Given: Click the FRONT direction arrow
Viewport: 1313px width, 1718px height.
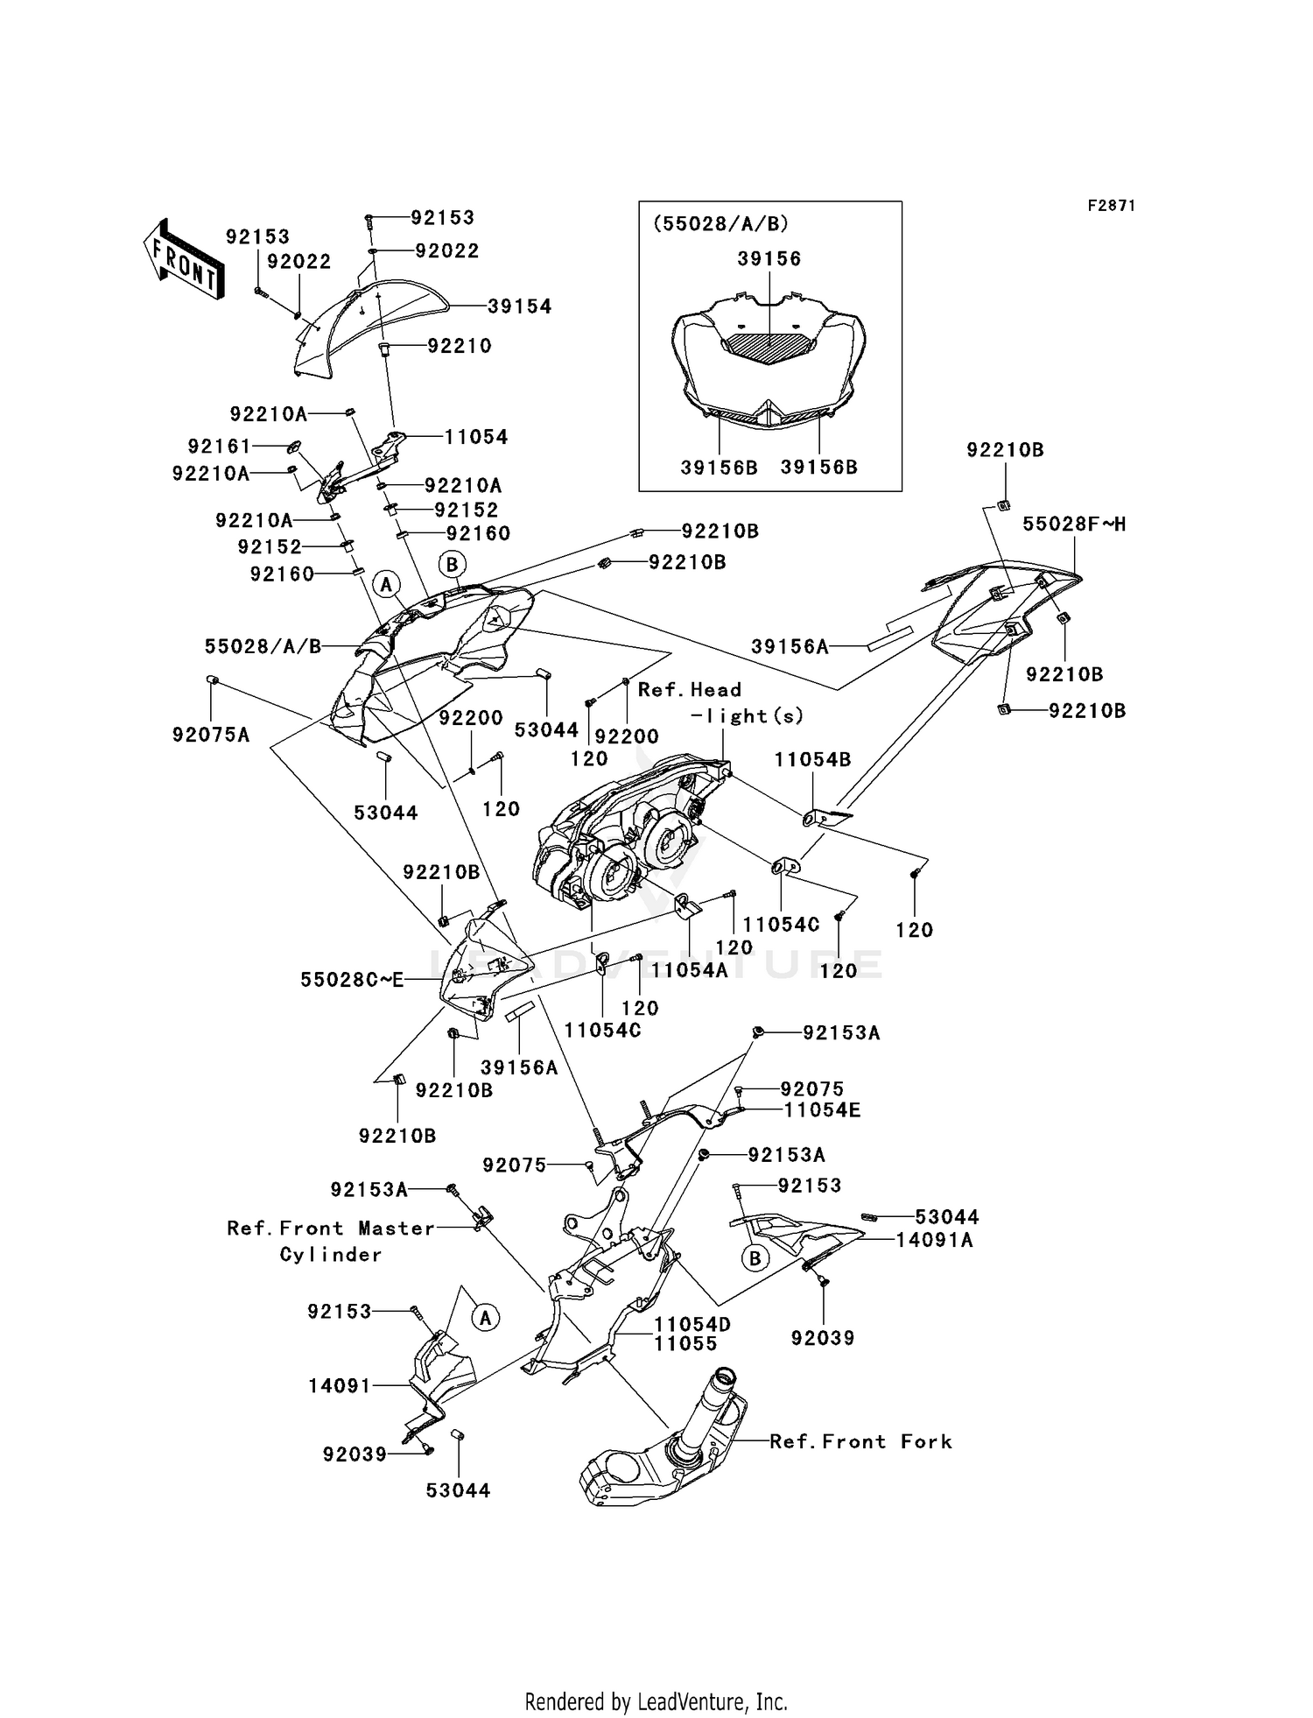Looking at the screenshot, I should [x=184, y=261].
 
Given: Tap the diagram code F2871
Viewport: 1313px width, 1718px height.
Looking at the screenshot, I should [x=1111, y=206].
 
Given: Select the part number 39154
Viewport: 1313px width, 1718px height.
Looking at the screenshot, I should [x=520, y=306].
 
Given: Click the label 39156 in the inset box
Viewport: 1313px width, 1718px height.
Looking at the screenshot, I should [x=769, y=259].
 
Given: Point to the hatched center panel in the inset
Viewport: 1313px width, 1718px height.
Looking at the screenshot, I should [x=769, y=349].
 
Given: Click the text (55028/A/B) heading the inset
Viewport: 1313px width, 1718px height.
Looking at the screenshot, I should [x=720, y=223].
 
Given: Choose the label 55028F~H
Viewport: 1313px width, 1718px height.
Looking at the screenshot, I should [x=1074, y=525].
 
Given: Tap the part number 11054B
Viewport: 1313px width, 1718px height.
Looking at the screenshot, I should [x=812, y=760].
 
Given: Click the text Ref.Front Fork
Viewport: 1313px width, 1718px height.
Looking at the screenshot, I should [x=860, y=1441].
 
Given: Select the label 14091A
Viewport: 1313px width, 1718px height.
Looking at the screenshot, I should [x=934, y=1240].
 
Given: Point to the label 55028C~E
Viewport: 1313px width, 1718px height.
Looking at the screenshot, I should [x=352, y=980].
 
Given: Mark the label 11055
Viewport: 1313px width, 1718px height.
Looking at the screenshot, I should [x=685, y=1343].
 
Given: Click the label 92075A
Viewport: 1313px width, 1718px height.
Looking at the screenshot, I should [x=211, y=736].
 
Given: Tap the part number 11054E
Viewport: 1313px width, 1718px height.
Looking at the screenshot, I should [x=821, y=1110].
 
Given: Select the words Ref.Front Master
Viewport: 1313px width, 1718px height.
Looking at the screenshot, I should [x=331, y=1229].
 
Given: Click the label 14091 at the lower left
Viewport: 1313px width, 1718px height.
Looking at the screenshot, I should [x=340, y=1385].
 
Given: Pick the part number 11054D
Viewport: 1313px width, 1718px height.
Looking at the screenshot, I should [x=692, y=1325].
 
